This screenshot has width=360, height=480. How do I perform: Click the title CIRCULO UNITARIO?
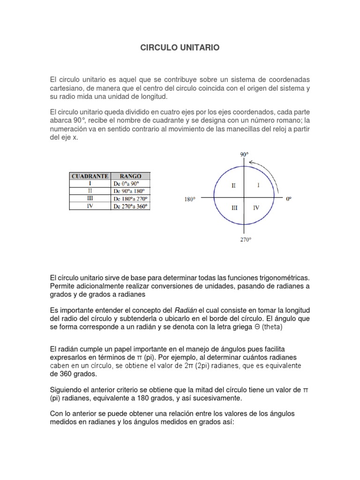coord(180,48)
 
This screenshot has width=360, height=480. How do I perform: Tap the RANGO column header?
coord(130,176)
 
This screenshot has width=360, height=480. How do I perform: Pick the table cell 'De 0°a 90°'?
coord(130,184)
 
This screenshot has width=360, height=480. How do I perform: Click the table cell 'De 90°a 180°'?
coord(130,191)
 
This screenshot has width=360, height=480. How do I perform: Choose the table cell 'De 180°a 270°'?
coord(130,199)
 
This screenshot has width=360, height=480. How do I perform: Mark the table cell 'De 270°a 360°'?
coord(130,206)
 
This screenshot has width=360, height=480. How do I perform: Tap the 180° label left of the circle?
coord(189,199)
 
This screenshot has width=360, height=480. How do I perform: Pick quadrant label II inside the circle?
coord(233,186)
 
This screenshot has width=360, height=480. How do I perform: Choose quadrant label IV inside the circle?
coord(256,207)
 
